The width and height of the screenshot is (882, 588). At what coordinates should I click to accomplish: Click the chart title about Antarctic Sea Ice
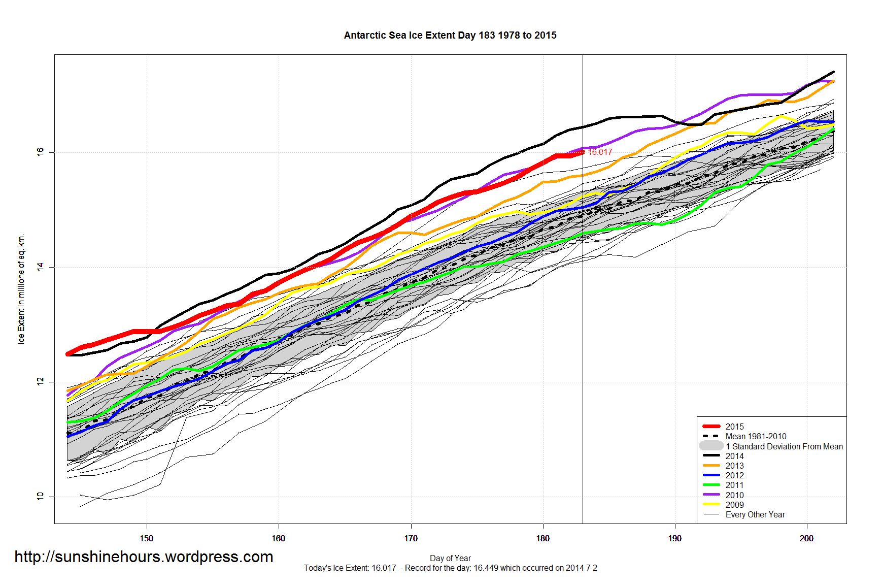pos(450,36)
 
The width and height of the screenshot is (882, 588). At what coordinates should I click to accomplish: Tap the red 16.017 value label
pos(600,152)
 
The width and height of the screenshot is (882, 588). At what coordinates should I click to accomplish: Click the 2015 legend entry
pos(734,427)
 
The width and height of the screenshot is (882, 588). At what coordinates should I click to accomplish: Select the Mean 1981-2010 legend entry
pos(756,436)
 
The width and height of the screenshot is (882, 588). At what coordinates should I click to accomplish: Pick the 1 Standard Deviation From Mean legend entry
pos(784,446)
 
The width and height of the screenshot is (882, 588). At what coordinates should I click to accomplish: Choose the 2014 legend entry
pos(734,456)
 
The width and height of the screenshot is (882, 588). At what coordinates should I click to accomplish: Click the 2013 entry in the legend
pos(734,466)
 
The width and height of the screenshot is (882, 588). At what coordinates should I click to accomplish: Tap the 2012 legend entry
pos(734,475)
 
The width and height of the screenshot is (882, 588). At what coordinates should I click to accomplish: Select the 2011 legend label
pos(734,485)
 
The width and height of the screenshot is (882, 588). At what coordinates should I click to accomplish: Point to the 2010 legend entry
pos(734,495)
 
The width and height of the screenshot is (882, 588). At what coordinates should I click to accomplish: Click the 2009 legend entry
pos(734,505)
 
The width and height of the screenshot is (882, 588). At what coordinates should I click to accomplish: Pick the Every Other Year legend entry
pos(755,514)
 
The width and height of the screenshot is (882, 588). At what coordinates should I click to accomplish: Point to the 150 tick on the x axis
pos(146,538)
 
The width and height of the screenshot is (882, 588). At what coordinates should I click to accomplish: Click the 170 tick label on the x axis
pos(411,538)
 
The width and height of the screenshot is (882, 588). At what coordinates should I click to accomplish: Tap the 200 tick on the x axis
pos(806,538)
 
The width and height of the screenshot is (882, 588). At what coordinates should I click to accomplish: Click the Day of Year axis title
pos(450,558)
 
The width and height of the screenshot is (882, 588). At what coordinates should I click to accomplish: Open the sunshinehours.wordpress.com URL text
pos(144,557)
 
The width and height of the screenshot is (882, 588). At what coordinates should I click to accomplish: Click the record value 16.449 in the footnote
pos(486,568)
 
